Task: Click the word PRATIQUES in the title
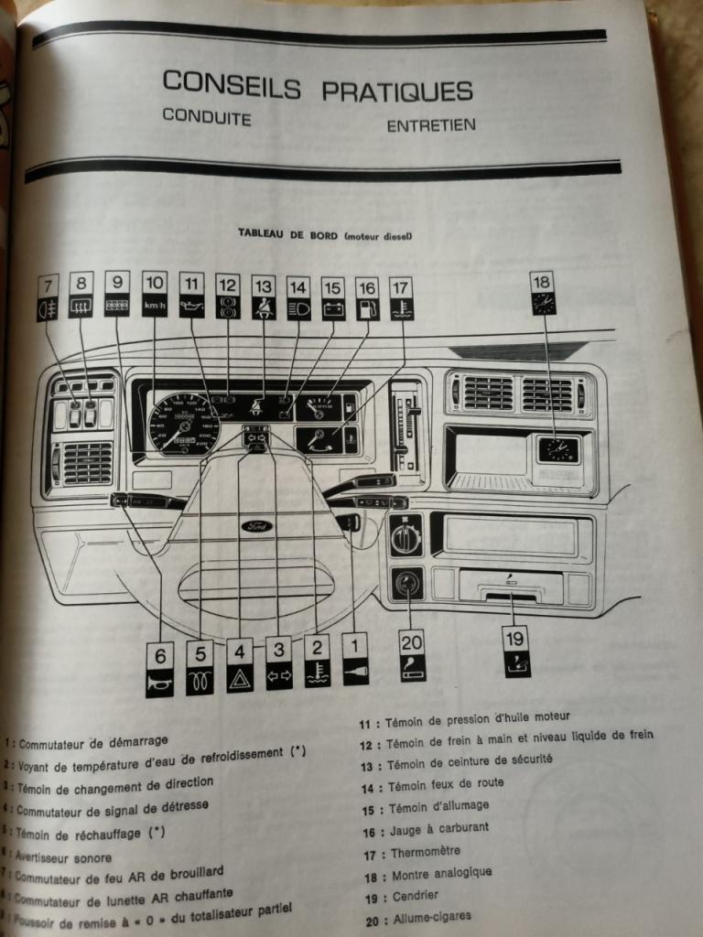point(396,90)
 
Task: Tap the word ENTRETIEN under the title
point(431,125)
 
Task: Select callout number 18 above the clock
point(543,281)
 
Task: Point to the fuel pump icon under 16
point(366,309)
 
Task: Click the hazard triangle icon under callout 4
point(240,680)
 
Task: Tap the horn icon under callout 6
point(159,682)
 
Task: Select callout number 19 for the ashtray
point(516,638)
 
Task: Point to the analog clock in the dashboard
point(557,448)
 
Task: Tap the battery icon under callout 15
point(331,309)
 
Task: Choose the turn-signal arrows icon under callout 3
point(279,678)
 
